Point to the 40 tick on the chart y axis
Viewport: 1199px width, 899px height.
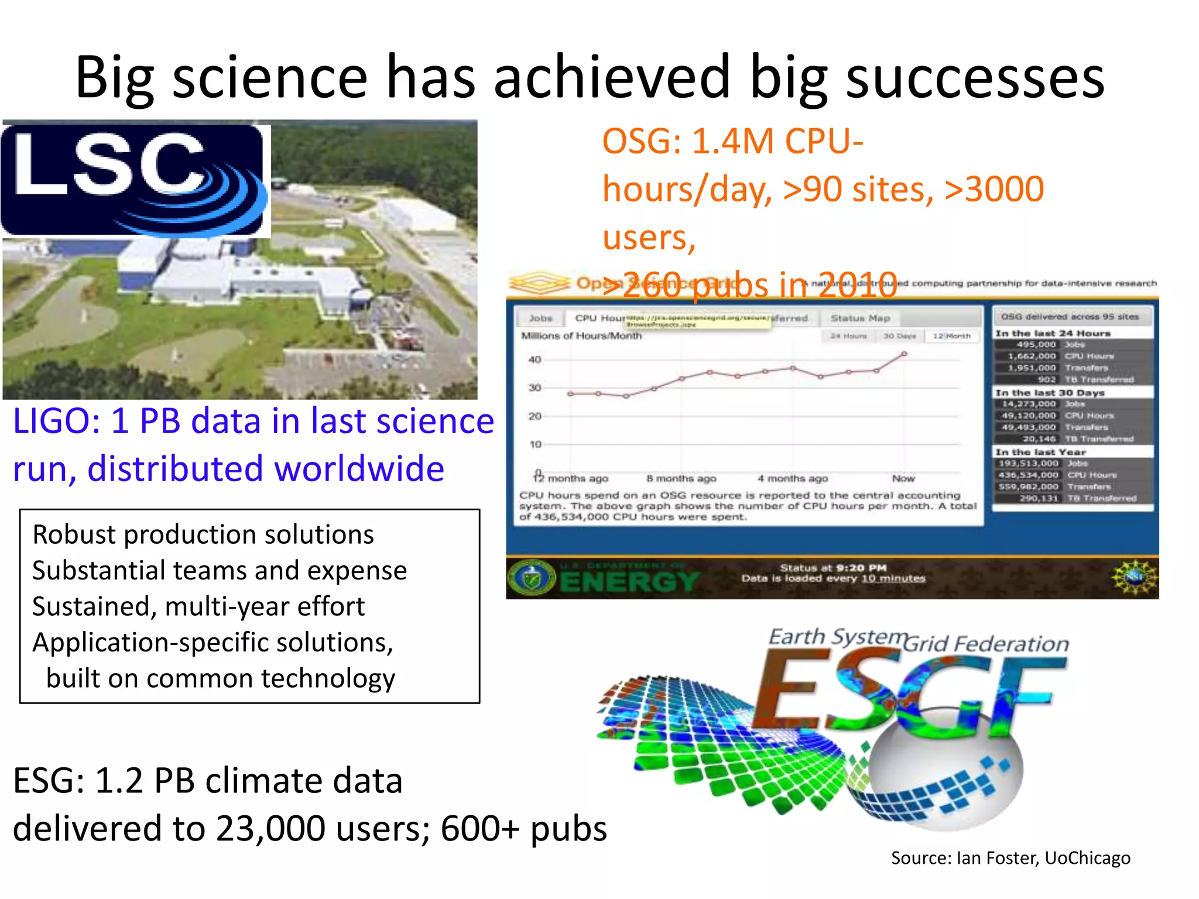pos(535,359)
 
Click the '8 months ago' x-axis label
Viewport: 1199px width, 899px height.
pos(681,478)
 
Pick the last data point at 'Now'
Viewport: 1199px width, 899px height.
pos(904,354)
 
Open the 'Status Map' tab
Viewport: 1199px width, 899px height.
pos(860,318)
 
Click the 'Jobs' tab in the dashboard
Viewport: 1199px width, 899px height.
pos(540,318)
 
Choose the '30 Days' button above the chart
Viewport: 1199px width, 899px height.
pos(899,336)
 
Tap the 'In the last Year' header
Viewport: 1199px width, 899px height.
pos(1040,452)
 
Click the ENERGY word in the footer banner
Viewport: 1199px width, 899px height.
pos(629,581)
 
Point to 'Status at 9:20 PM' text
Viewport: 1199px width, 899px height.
pos(833,567)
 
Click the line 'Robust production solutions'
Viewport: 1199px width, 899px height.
pos(203,535)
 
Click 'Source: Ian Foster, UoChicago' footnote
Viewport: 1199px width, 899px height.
pos(1010,858)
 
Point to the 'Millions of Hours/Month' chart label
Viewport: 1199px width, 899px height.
pos(581,336)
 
